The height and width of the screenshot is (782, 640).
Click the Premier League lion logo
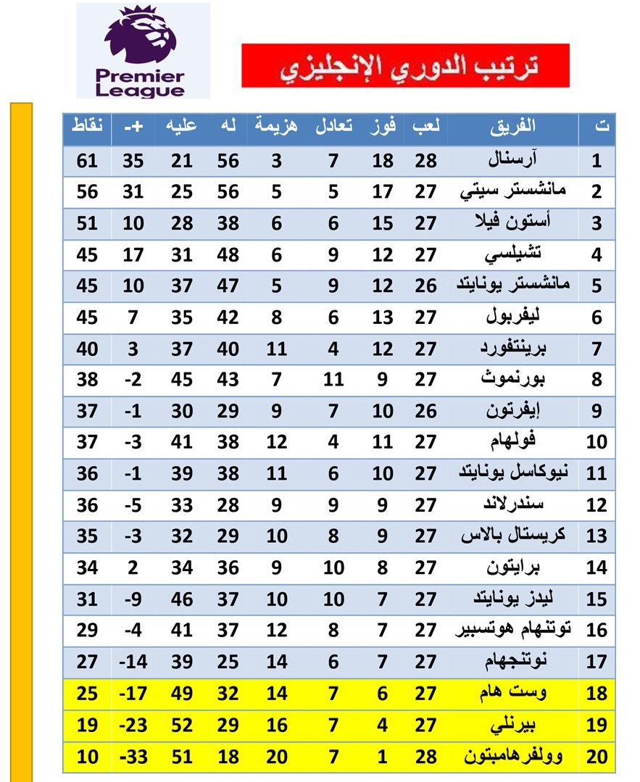143,36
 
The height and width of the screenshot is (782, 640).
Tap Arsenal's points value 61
87,160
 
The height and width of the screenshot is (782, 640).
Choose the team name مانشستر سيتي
512,191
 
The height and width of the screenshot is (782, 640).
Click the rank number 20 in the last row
597,757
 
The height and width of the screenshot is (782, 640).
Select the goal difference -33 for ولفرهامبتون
133,757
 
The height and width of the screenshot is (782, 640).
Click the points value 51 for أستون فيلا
87,222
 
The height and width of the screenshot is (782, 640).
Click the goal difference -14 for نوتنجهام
133,662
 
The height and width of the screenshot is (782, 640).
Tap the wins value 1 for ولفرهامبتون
383,757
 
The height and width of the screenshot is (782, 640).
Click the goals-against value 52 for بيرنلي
181,725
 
